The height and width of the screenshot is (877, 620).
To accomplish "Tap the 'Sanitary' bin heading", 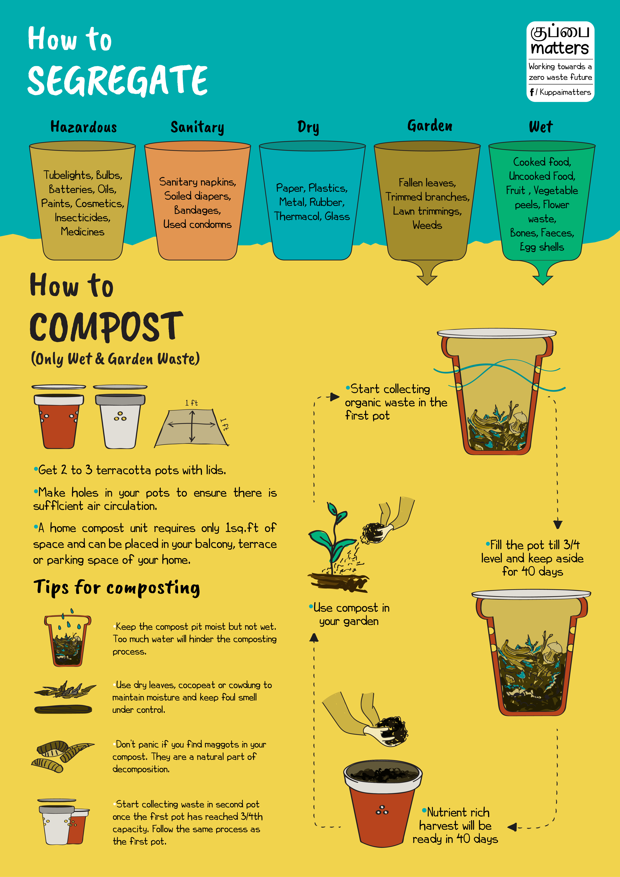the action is click(x=197, y=127).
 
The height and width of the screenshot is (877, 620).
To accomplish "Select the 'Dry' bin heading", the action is click(x=308, y=127).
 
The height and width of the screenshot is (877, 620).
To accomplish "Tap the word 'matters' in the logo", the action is click(x=560, y=48).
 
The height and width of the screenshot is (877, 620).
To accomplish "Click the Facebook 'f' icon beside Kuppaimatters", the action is click(x=532, y=92).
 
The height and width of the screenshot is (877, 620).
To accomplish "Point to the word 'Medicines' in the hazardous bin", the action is click(x=83, y=231).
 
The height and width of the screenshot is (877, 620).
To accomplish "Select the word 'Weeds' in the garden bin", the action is click(x=427, y=225).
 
